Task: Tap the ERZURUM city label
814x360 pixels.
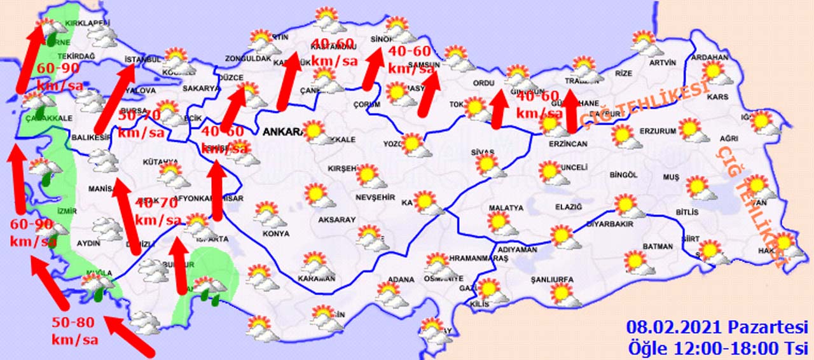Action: [658, 131]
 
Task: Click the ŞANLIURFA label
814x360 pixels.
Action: [552, 279]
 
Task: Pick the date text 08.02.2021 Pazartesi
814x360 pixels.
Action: [717, 328]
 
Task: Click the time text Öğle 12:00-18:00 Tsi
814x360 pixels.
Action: [717, 348]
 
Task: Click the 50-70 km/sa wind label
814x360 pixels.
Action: [141, 125]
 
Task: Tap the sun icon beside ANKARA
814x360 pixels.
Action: [314, 132]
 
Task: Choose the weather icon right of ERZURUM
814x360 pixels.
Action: [692, 130]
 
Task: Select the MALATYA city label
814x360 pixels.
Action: [506, 207]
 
